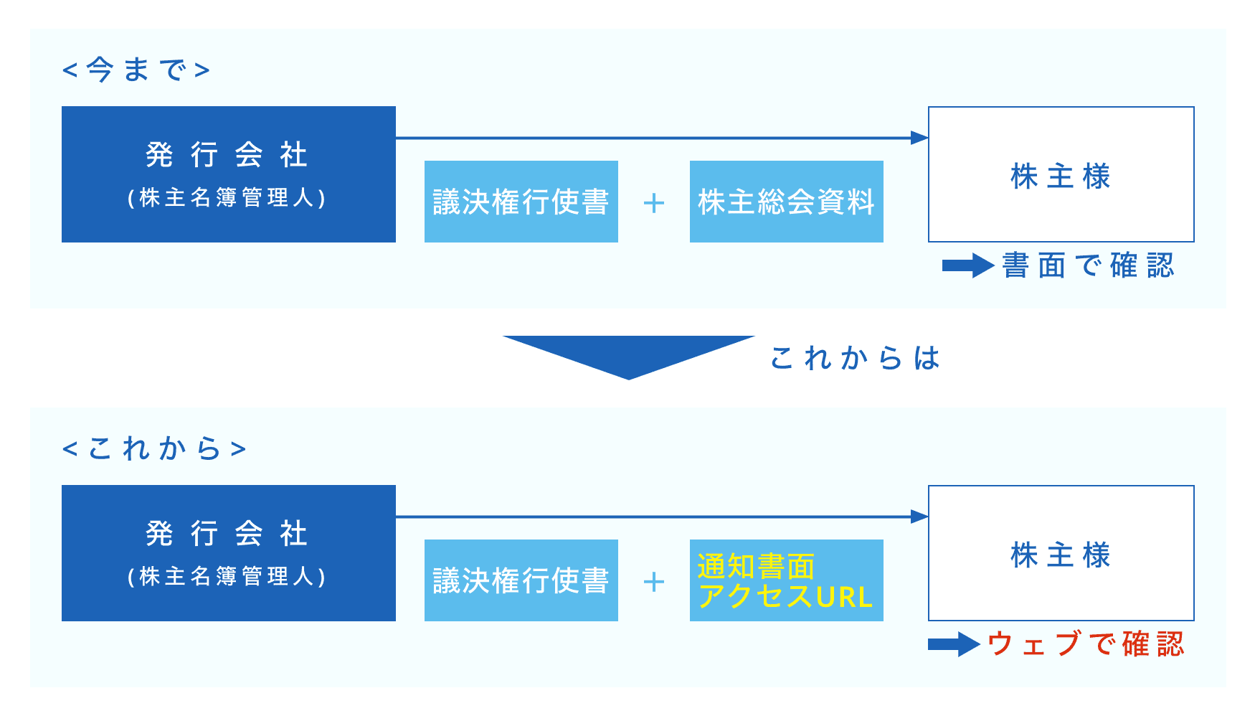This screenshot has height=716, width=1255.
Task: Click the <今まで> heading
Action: tap(136, 70)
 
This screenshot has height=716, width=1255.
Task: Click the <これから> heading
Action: tap(154, 449)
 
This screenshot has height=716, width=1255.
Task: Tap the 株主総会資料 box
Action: tap(787, 202)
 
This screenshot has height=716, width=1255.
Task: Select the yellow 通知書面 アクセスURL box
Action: tap(787, 580)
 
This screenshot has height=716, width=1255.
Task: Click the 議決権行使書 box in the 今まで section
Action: tap(521, 202)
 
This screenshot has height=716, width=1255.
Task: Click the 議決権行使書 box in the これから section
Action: tap(521, 580)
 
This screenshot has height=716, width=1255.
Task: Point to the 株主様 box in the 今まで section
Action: tap(1061, 174)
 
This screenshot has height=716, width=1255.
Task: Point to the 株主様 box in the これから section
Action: tap(1061, 553)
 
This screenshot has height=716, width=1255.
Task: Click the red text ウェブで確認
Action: tap(1086, 644)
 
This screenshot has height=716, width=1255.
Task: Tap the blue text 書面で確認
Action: tap(1088, 265)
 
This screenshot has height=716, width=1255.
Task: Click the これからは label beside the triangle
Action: tap(855, 357)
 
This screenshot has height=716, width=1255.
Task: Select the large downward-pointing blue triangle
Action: tap(629, 353)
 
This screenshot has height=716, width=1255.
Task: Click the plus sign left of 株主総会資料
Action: tap(654, 203)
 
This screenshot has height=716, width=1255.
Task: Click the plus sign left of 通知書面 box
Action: tap(654, 582)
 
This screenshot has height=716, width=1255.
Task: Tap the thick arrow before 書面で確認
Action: tap(968, 266)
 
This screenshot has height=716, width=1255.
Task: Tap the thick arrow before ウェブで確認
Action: tap(954, 644)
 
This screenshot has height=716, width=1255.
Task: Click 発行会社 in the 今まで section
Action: tap(227, 155)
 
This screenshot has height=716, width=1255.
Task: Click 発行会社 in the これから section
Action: tap(227, 534)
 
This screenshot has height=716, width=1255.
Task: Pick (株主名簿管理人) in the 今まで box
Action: tap(227, 198)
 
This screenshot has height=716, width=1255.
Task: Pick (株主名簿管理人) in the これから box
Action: tap(227, 577)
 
